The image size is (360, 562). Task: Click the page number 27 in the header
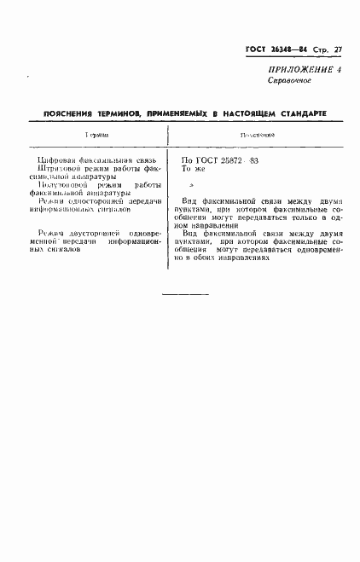click(338, 49)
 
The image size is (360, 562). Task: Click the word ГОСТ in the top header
click(247, 49)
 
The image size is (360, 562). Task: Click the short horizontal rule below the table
click(184, 295)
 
